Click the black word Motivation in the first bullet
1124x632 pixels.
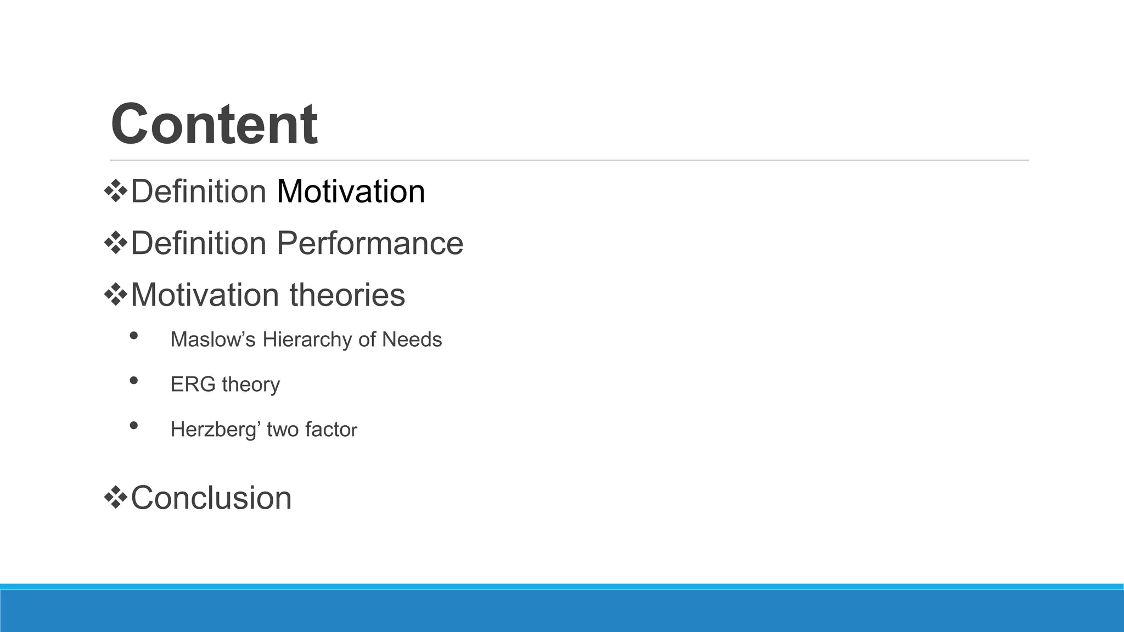(351, 191)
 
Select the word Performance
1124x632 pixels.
(370, 243)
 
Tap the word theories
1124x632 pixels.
(347, 295)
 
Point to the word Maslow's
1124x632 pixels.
(213, 340)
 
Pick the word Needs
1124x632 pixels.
(412, 340)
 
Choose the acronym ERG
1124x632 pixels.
(193, 384)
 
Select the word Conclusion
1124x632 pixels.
(211, 498)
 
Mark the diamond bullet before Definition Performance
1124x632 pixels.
(116, 243)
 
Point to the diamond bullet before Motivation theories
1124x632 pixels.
(116, 295)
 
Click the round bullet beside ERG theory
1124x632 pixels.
(134, 380)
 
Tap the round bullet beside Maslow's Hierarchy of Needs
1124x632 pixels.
(134, 336)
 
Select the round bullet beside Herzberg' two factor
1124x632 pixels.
(134, 425)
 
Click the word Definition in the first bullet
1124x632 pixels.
(199, 191)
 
